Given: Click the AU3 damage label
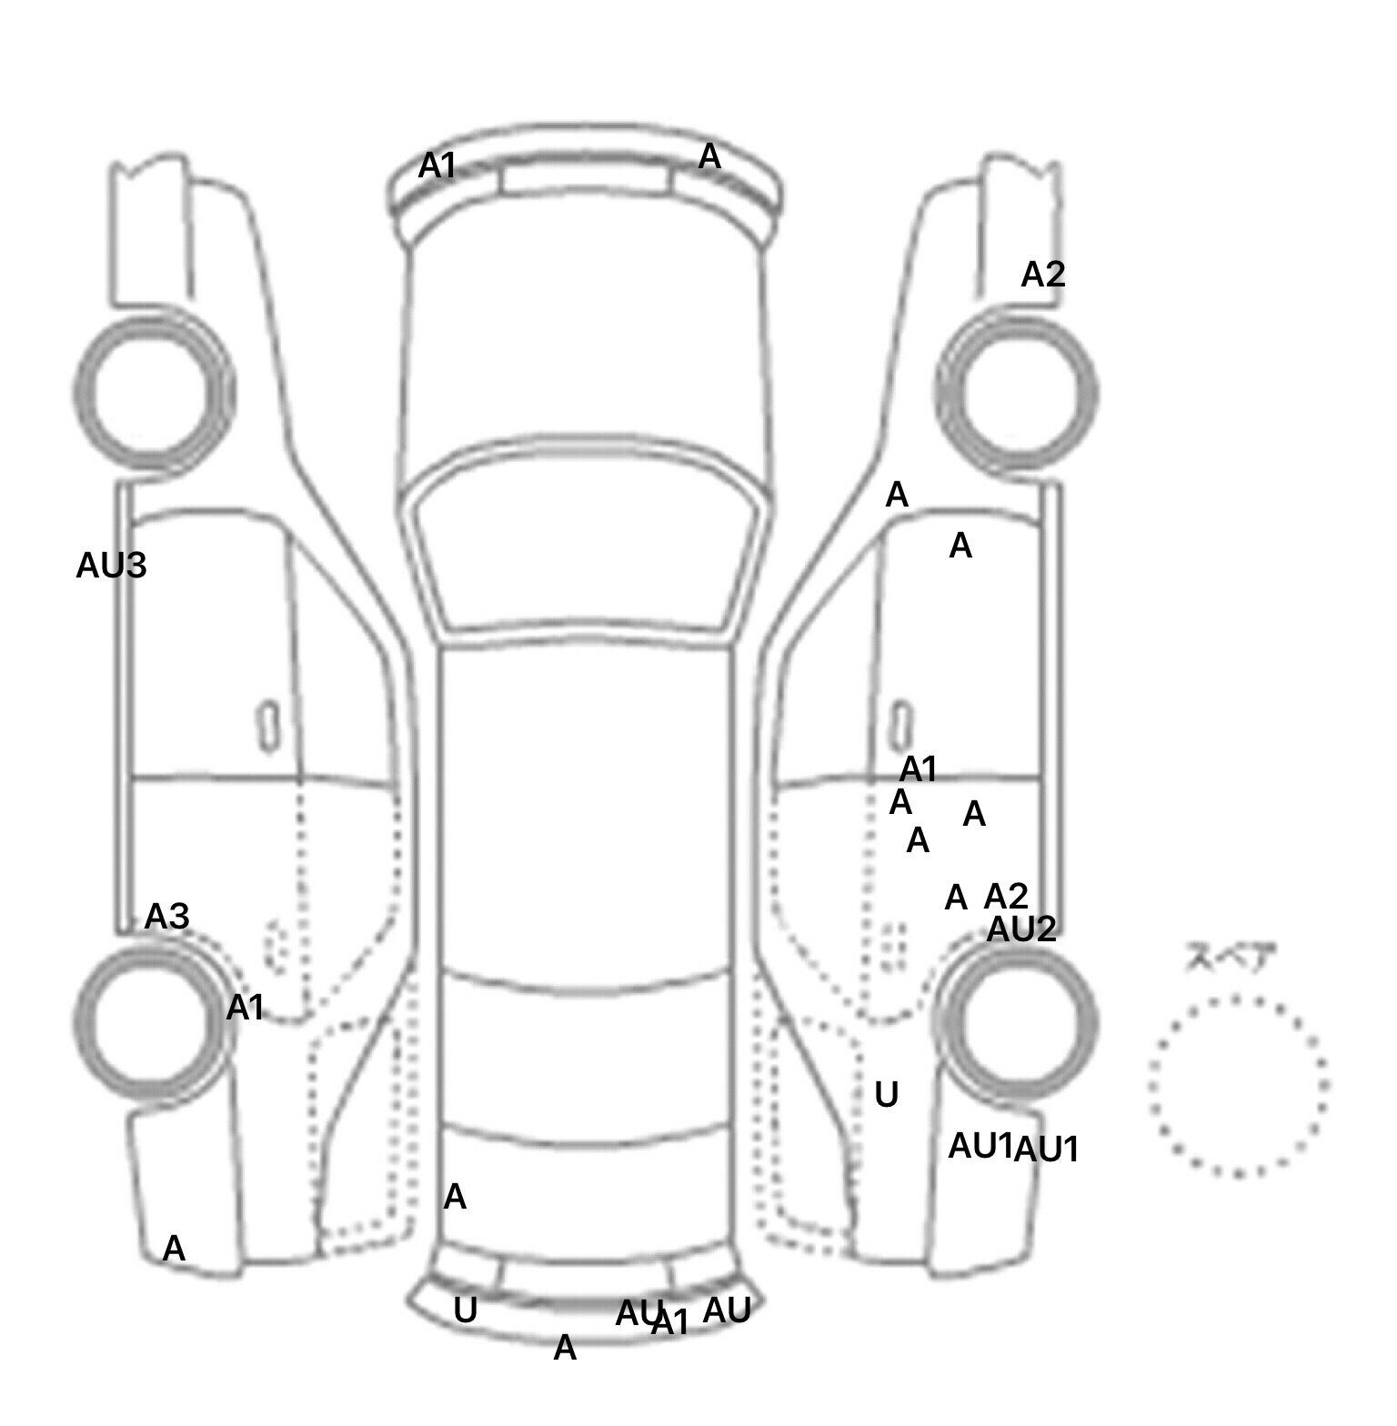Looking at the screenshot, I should pyautogui.click(x=111, y=567).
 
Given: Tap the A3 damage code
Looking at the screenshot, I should pyautogui.click(x=167, y=917).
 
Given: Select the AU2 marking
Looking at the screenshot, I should pyautogui.click(x=1021, y=929).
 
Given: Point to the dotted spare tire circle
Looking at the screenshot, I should pyautogui.click(x=1238, y=1086).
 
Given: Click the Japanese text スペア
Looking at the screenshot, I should pyautogui.click(x=1230, y=959).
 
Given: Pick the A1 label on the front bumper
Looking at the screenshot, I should pyautogui.click(x=437, y=166).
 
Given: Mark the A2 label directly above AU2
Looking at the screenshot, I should pyautogui.click(x=1006, y=897).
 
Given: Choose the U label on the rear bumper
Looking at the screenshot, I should pyautogui.click(x=465, y=1311).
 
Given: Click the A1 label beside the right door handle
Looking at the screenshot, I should pyautogui.click(x=919, y=770).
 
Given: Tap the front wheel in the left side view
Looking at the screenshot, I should pyautogui.click(x=153, y=392).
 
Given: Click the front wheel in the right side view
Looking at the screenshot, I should pyautogui.click(x=1017, y=394).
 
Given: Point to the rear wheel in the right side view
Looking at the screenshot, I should pyautogui.click(x=1017, y=1021).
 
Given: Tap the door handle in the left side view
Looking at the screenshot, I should pyautogui.click(x=268, y=727).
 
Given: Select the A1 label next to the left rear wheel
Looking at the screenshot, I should pyautogui.click(x=245, y=1008).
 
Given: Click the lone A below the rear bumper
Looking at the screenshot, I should pyautogui.click(x=565, y=1348).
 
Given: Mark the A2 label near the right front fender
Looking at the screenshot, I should pyautogui.click(x=1042, y=275).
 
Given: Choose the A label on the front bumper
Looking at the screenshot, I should pyautogui.click(x=709, y=157).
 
